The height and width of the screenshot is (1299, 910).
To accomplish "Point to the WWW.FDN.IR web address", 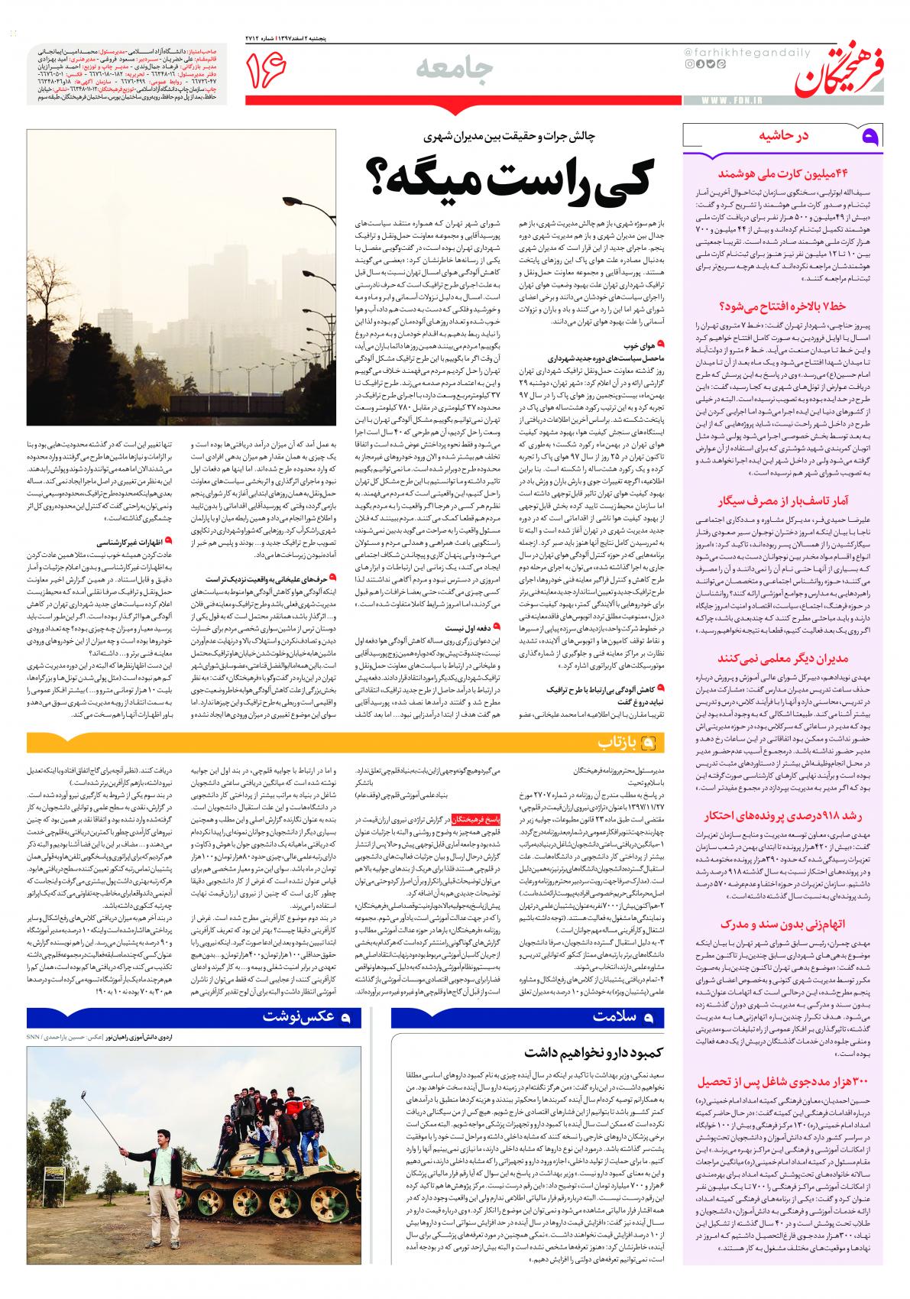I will (727, 101).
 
